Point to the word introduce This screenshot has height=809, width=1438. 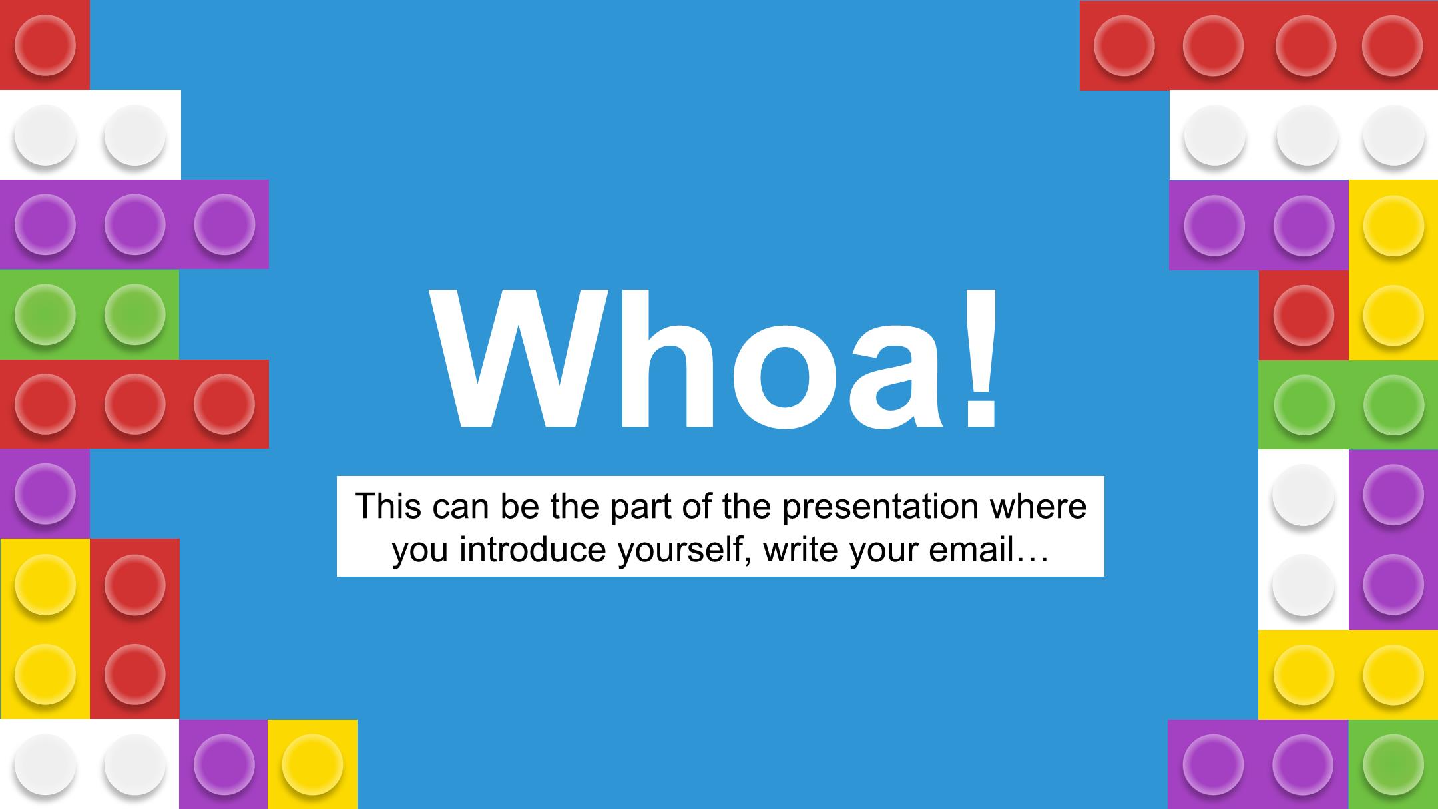tap(532, 550)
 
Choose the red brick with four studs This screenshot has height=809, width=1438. tap(1259, 45)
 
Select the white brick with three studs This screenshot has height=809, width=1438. tap(1304, 135)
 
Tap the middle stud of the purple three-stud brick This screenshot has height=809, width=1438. tap(135, 224)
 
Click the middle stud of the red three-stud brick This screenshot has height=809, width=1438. tap(135, 404)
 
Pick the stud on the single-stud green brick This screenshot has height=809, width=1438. tap(1393, 764)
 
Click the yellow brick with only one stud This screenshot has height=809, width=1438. tap(312, 764)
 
